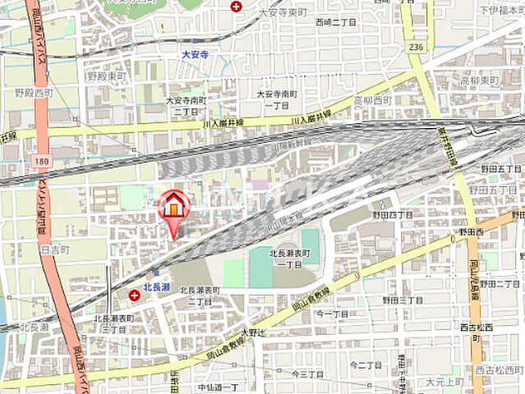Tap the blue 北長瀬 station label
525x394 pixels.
[x=156, y=287]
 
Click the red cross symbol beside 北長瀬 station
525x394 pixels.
[x=134, y=293]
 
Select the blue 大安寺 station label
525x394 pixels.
[x=195, y=55]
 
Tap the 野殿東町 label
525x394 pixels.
[x=106, y=76]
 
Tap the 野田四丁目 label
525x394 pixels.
[x=398, y=214]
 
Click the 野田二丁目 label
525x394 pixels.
[x=500, y=284]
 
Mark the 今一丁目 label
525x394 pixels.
[x=334, y=313]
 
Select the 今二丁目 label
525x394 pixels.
[x=366, y=364]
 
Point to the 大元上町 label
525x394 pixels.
[x=446, y=382]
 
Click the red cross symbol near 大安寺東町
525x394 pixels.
[x=237, y=7]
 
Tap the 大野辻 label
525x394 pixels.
[x=255, y=333]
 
